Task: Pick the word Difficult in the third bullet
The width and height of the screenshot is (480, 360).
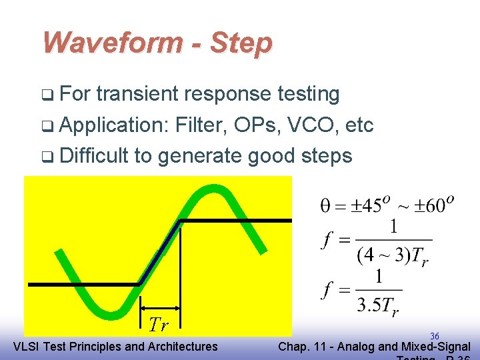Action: click(94, 155)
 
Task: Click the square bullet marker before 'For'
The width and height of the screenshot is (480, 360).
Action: click(49, 95)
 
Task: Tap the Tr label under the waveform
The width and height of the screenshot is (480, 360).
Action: click(158, 324)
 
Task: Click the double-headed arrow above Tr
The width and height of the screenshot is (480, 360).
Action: click(159, 308)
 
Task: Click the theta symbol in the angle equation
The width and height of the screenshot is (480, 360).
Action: click(325, 205)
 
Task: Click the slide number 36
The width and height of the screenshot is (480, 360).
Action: click(434, 336)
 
